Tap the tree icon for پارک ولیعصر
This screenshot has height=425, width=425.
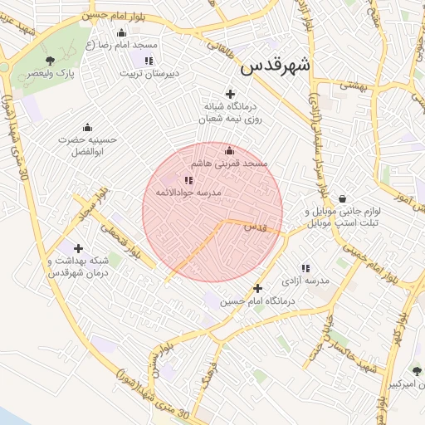click(51, 60)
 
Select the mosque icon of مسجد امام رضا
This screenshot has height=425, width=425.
click(122, 32)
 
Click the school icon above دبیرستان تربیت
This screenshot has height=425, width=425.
click(148, 61)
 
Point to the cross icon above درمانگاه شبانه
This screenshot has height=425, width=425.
click(230, 94)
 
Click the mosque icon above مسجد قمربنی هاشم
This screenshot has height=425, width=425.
click(230, 150)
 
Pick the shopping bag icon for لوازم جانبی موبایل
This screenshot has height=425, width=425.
click(342, 198)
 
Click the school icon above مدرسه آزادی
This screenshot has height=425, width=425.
click(305, 268)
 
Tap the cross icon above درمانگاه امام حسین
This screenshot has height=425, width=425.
click(258, 289)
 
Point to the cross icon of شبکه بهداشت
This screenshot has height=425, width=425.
click(79, 248)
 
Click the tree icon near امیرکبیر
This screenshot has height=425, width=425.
click(416, 371)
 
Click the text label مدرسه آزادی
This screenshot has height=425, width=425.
click(307, 281)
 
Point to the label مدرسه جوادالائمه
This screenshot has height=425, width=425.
click(188, 193)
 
